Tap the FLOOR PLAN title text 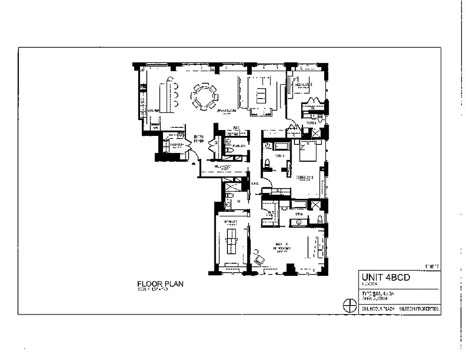click(x=160, y=284)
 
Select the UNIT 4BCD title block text click(x=385, y=278)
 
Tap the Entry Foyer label click(x=199, y=138)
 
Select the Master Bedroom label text click(x=283, y=247)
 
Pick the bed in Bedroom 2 click(x=307, y=150)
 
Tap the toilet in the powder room click(x=228, y=150)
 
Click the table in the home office click(x=232, y=240)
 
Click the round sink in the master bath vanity click(x=299, y=222)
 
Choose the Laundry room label click(x=176, y=144)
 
